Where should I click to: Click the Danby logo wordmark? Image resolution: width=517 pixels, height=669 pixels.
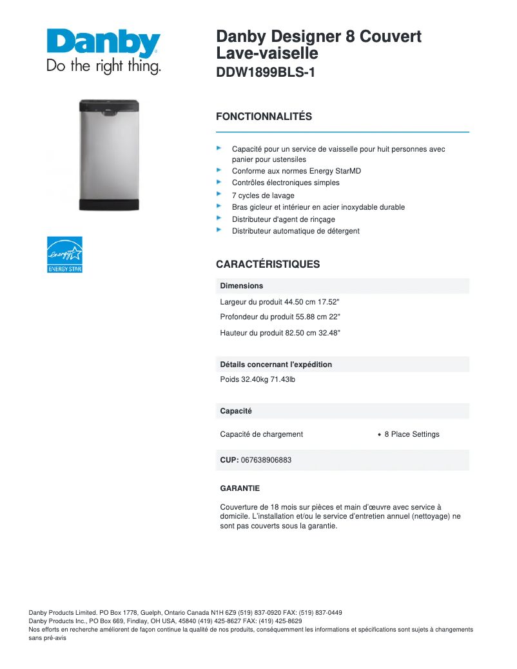coord(103,43)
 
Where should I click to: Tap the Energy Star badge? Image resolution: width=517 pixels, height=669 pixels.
coord(65,254)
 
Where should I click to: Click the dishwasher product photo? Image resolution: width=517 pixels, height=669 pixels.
coord(109,155)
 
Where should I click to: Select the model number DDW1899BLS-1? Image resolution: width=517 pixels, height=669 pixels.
coord(266,73)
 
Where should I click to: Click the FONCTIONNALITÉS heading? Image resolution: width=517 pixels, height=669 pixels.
coord(264,117)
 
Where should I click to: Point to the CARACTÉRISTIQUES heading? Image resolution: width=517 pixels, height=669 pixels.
coord(268,265)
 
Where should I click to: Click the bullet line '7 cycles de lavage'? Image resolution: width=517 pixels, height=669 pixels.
coord(263,195)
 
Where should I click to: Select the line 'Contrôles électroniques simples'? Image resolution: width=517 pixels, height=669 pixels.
coord(286,183)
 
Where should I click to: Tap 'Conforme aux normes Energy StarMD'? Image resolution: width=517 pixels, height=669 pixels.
coord(297,171)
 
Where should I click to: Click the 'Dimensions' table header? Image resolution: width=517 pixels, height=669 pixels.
coord(242,286)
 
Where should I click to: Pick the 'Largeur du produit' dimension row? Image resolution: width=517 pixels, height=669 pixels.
coord(280,301)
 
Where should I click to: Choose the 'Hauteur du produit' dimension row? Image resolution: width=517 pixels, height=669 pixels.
coord(280,333)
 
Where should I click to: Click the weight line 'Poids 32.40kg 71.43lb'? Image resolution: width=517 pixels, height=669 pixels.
coord(257,379)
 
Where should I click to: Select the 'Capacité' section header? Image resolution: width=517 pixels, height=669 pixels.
coord(236,411)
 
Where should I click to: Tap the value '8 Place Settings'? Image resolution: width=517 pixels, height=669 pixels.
coord(412,434)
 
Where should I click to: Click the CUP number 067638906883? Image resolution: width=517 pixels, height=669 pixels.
coord(266,460)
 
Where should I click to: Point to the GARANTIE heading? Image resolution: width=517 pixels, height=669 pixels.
coord(240,488)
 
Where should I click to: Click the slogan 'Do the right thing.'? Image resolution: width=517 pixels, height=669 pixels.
coord(103,66)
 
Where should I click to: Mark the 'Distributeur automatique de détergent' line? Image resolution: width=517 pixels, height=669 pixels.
coord(296,231)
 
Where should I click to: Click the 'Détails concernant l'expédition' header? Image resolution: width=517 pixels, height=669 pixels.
coord(276,364)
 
